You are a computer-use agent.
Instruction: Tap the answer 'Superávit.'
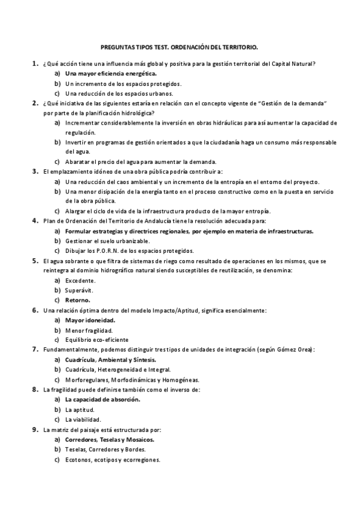click(x=79, y=290)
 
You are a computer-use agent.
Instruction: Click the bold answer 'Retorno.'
click(x=78, y=300)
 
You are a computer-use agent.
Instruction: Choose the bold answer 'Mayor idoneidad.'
click(x=90, y=319)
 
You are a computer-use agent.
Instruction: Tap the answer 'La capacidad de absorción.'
click(x=102, y=399)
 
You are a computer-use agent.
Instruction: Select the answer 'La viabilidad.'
click(x=83, y=419)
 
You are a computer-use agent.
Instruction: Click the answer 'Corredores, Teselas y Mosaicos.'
click(x=110, y=440)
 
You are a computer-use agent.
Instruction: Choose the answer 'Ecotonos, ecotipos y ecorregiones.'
click(x=112, y=459)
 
